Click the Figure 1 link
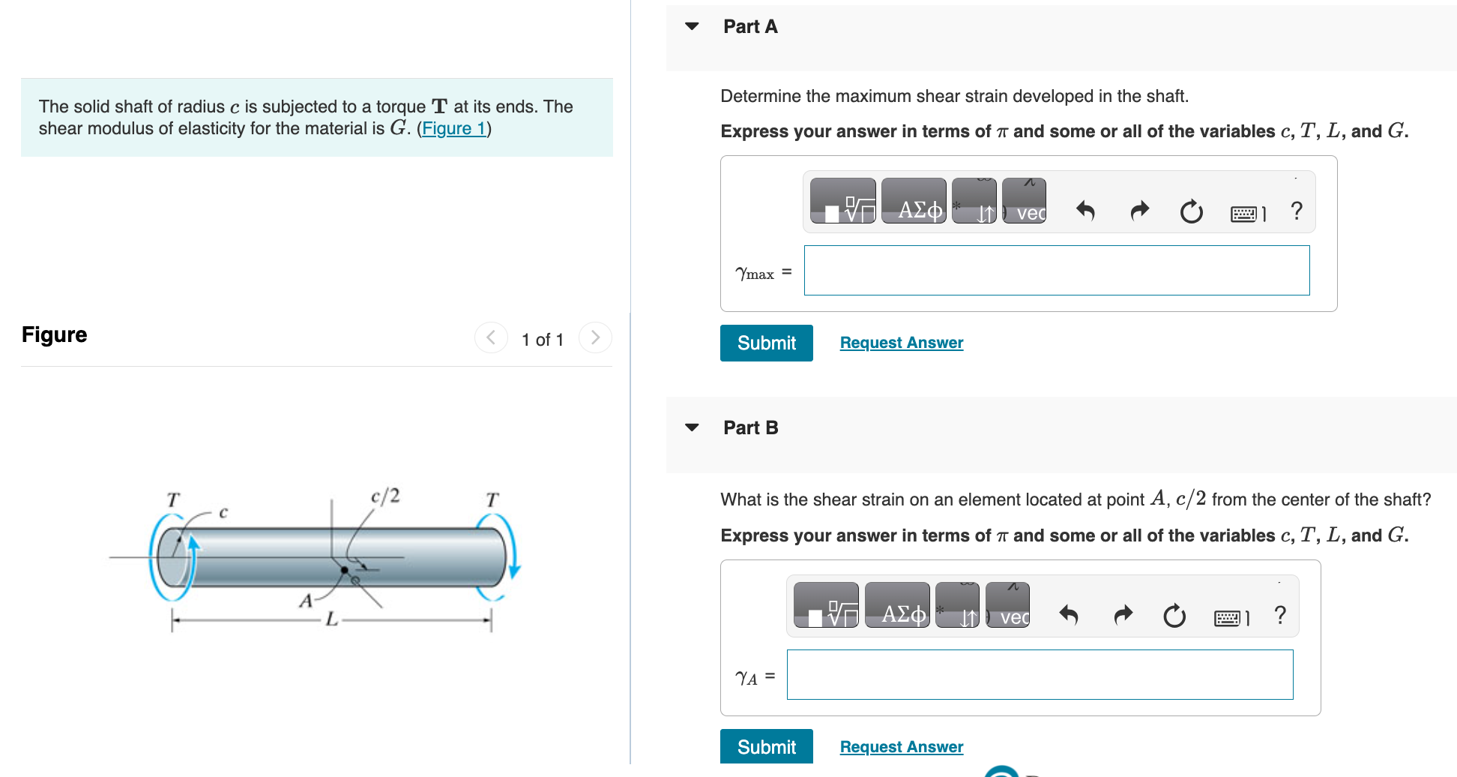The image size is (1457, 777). pos(453,128)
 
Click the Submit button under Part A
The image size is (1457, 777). pos(766,343)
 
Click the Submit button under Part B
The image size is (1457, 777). pos(766,746)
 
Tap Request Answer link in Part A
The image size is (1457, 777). pos(901,343)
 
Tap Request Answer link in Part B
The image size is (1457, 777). pos(901,747)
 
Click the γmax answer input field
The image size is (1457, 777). pos(1056,271)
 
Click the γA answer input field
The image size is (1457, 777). pos(1040,675)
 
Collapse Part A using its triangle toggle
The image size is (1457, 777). pos(692,27)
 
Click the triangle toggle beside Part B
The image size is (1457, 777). pos(692,428)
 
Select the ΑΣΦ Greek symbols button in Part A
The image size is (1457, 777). pos(914,201)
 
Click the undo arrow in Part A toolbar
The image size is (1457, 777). pos(1085,211)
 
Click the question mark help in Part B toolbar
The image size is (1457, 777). pos(1279,616)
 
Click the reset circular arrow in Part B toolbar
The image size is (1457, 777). pos(1174,616)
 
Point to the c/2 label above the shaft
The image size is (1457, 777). pos(385,496)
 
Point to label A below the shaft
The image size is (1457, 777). pos(306,601)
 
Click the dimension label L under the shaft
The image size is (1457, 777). pos(331,620)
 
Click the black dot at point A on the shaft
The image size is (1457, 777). pos(345,570)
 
